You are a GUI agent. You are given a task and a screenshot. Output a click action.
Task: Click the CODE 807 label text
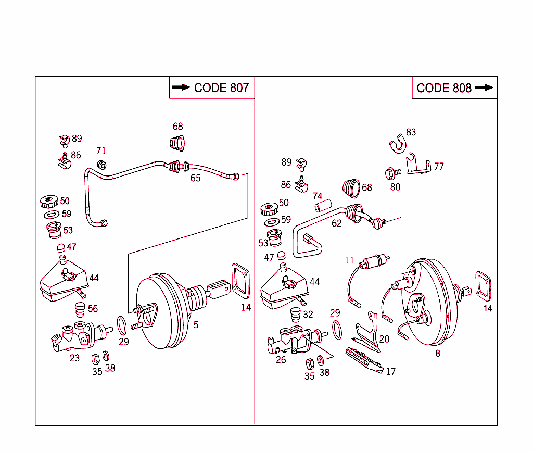[221, 88]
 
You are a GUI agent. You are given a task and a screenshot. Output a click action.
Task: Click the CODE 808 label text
[444, 88]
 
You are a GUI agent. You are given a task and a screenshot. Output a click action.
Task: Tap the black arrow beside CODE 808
[484, 88]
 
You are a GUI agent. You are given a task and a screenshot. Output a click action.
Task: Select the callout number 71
[101, 150]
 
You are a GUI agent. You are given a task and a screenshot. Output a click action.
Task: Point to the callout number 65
[195, 178]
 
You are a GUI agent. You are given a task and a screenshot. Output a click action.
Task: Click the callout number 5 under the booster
[196, 325]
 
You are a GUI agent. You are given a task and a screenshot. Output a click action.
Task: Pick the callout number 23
[75, 358]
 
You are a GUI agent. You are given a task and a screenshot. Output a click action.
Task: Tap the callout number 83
[411, 132]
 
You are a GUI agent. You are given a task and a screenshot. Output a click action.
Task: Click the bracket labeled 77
[418, 166]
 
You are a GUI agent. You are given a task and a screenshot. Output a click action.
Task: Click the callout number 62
[337, 223]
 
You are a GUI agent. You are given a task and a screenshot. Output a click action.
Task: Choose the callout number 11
[349, 260]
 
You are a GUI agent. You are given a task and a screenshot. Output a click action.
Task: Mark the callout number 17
[390, 372]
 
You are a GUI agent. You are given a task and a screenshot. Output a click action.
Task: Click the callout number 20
[384, 339]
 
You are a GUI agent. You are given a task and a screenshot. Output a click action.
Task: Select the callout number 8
[438, 354]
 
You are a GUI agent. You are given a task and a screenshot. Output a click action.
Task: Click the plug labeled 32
[295, 315]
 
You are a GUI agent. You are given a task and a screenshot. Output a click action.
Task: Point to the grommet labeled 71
[102, 165]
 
